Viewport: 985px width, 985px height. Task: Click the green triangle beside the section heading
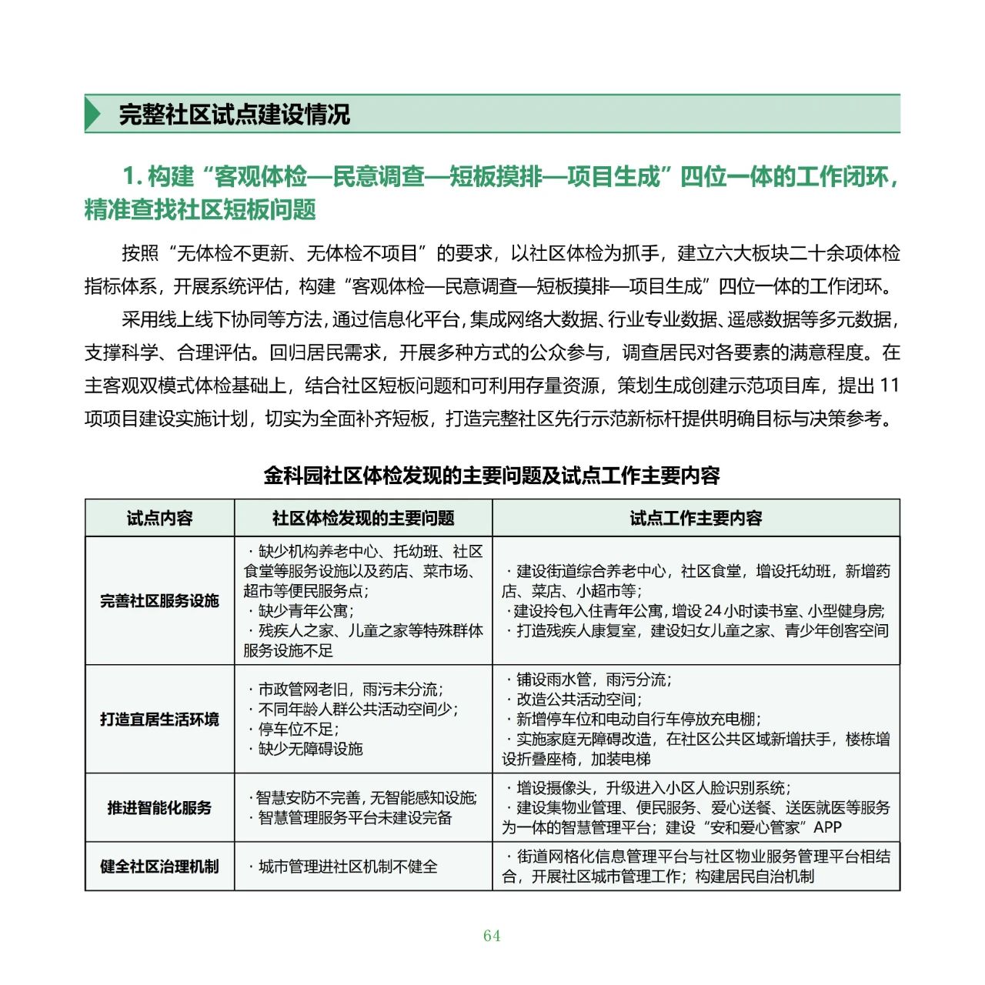point(93,114)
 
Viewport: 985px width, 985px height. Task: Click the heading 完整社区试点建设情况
point(235,115)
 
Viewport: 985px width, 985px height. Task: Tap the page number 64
point(492,936)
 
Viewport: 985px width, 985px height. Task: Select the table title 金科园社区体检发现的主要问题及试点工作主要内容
point(492,476)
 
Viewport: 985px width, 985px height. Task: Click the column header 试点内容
point(159,518)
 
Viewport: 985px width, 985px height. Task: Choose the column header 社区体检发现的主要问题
point(363,518)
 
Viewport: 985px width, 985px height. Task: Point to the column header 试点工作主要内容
point(696,518)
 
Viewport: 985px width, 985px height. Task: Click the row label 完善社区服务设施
point(159,601)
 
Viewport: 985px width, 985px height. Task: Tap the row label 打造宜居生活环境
point(159,720)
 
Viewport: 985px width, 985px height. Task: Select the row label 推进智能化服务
point(159,807)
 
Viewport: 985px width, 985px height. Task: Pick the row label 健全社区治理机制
point(159,866)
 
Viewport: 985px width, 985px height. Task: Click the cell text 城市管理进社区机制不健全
point(348,866)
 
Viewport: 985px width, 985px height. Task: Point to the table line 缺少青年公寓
point(306,611)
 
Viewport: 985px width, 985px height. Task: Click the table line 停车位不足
point(299,730)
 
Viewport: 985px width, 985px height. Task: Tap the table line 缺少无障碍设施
point(310,749)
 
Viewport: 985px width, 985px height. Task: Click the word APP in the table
point(828,828)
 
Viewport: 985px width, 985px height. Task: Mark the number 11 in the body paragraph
point(889,386)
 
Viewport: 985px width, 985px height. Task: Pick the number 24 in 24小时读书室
point(713,611)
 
